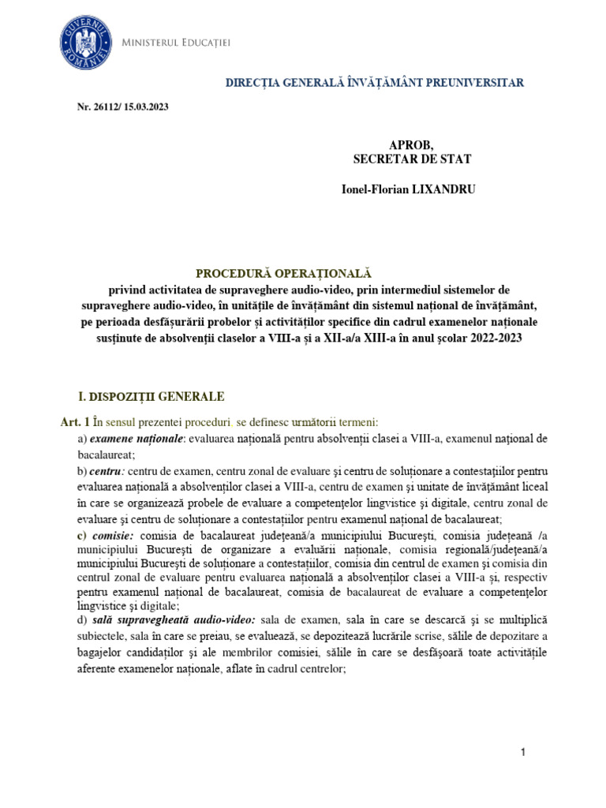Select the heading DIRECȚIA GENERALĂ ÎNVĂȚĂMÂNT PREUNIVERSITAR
click(374, 82)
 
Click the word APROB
click(411, 144)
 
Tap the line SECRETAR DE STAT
click(412, 159)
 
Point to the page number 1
click(522, 754)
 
